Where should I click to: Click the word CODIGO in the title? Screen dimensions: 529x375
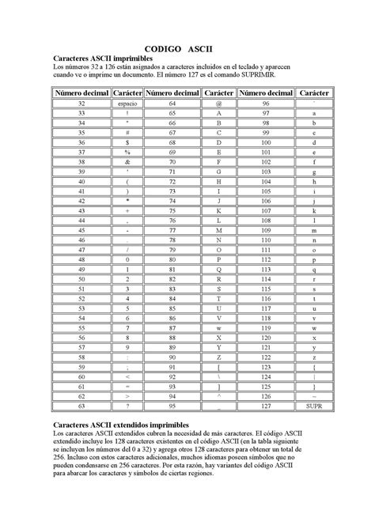pos(161,48)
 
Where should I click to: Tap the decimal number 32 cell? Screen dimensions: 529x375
pos(81,104)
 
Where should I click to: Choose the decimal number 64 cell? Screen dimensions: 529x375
pos(172,104)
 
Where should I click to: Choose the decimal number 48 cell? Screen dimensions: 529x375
pos(81,259)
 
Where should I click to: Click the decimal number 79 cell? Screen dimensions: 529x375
pos(172,249)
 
